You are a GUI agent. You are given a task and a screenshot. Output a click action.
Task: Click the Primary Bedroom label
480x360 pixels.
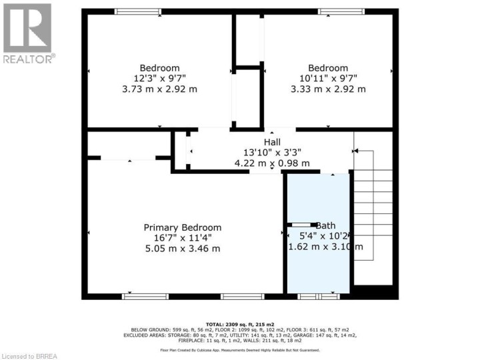[x=183, y=227]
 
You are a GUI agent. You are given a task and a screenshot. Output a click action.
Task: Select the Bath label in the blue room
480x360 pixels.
[x=326, y=225]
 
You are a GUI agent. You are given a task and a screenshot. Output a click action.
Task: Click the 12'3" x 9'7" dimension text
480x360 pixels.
[x=159, y=78]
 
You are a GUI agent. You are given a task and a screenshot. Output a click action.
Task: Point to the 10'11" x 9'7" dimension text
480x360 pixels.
[x=327, y=78]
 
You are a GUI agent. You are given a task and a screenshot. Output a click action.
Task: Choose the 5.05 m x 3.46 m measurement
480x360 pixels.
[x=183, y=249]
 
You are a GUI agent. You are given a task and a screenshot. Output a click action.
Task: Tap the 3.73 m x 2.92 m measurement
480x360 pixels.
[x=159, y=89]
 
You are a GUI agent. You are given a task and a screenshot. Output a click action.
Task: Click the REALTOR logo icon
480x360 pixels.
[x=27, y=29]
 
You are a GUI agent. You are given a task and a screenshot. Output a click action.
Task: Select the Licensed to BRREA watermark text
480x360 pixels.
[x=30, y=353]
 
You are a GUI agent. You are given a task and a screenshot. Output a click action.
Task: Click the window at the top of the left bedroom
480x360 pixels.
[x=137, y=11]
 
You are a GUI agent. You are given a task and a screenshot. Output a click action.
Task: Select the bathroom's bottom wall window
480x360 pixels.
[x=318, y=295]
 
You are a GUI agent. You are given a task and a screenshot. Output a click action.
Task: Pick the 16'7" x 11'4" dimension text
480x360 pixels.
[x=183, y=238]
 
